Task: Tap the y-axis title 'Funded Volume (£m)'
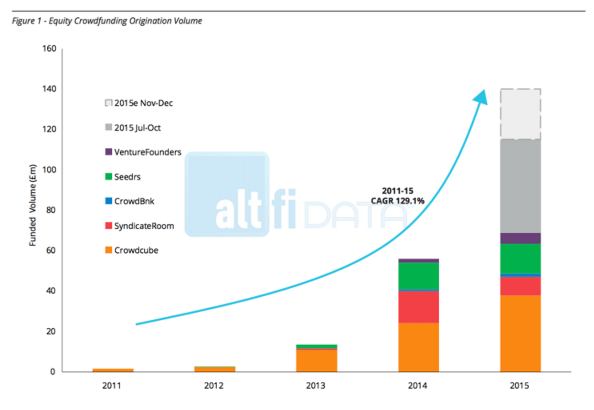pos(33,210)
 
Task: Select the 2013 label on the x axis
pos(316,386)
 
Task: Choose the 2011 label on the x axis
pos(112,386)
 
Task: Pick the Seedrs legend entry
pos(127,177)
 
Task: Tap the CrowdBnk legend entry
pos(134,201)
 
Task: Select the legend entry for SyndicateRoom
pos(144,226)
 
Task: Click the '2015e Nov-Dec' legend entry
pos(143,103)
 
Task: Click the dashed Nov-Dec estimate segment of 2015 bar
pos(520,114)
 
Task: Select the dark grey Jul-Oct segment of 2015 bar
pos(520,186)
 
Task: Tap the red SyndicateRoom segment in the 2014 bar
pos(418,307)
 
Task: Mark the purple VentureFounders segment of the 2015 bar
pos(520,238)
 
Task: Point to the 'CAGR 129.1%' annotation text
pos(397,201)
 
